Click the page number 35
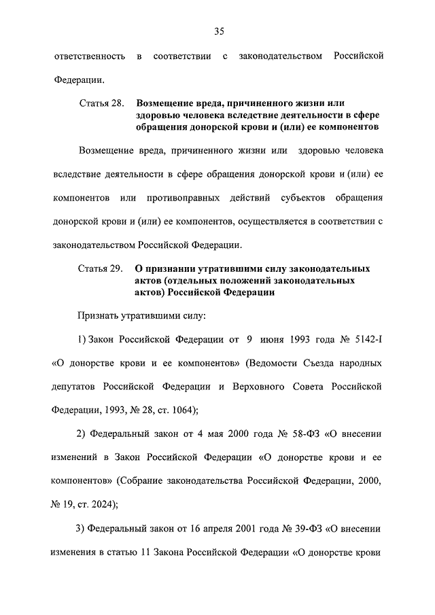click(x=218, y=31)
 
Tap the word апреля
click(x=214, y=528)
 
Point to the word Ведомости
click(x=278, y=363)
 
